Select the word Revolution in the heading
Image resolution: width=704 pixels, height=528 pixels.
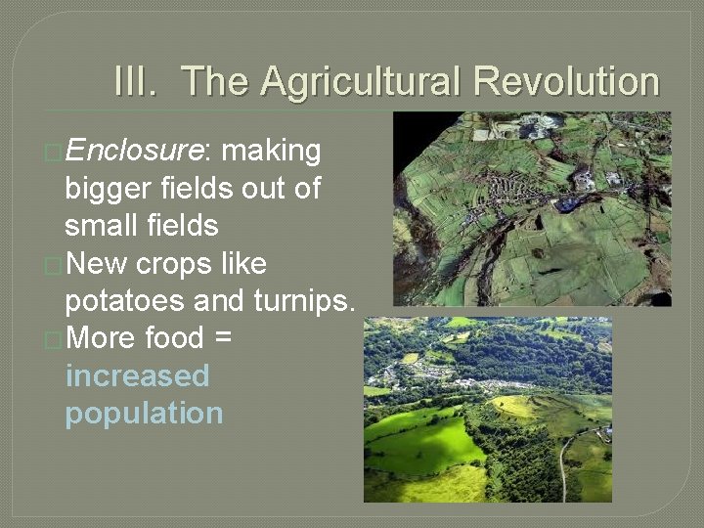pyautogui.click(x=566, y=82)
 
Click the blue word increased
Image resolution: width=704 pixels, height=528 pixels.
pyautogui.click(x=138, y=376)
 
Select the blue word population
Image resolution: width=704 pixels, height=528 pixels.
pyautogui.click(x=144, y=414)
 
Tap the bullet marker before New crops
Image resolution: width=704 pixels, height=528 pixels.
pyautogui.click(x=55, y=265)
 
